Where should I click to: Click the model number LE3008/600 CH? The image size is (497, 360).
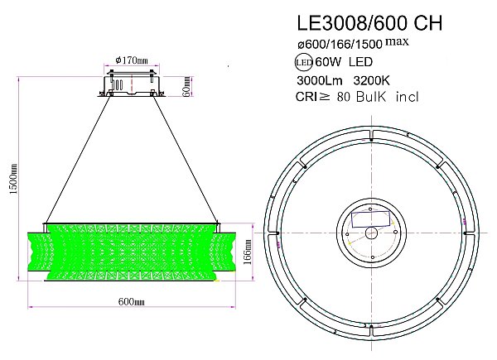(x=369, y=23)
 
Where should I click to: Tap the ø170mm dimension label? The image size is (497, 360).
(x=132, y=60)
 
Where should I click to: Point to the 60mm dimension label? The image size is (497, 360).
(x=186, y=86)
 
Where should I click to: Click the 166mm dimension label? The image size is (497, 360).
(x=248, y=252)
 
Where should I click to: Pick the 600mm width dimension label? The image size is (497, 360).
(x=131, y=302)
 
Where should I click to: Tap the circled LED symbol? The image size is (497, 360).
(x=304, y=62)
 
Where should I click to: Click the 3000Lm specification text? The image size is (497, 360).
(x=320, y=81)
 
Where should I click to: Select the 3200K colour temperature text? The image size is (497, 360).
(x=371, y=81)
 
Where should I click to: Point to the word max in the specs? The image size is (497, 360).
(x=397, y=41)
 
